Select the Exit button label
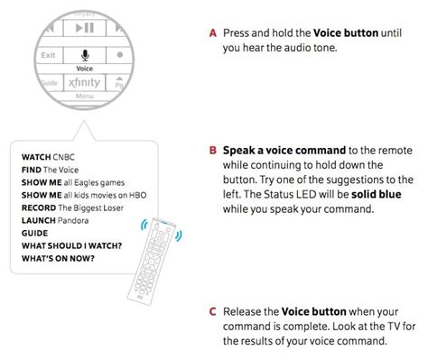(49, 56)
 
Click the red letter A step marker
(212, 33)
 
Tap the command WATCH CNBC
(48, 156)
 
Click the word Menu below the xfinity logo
(85, 96)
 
